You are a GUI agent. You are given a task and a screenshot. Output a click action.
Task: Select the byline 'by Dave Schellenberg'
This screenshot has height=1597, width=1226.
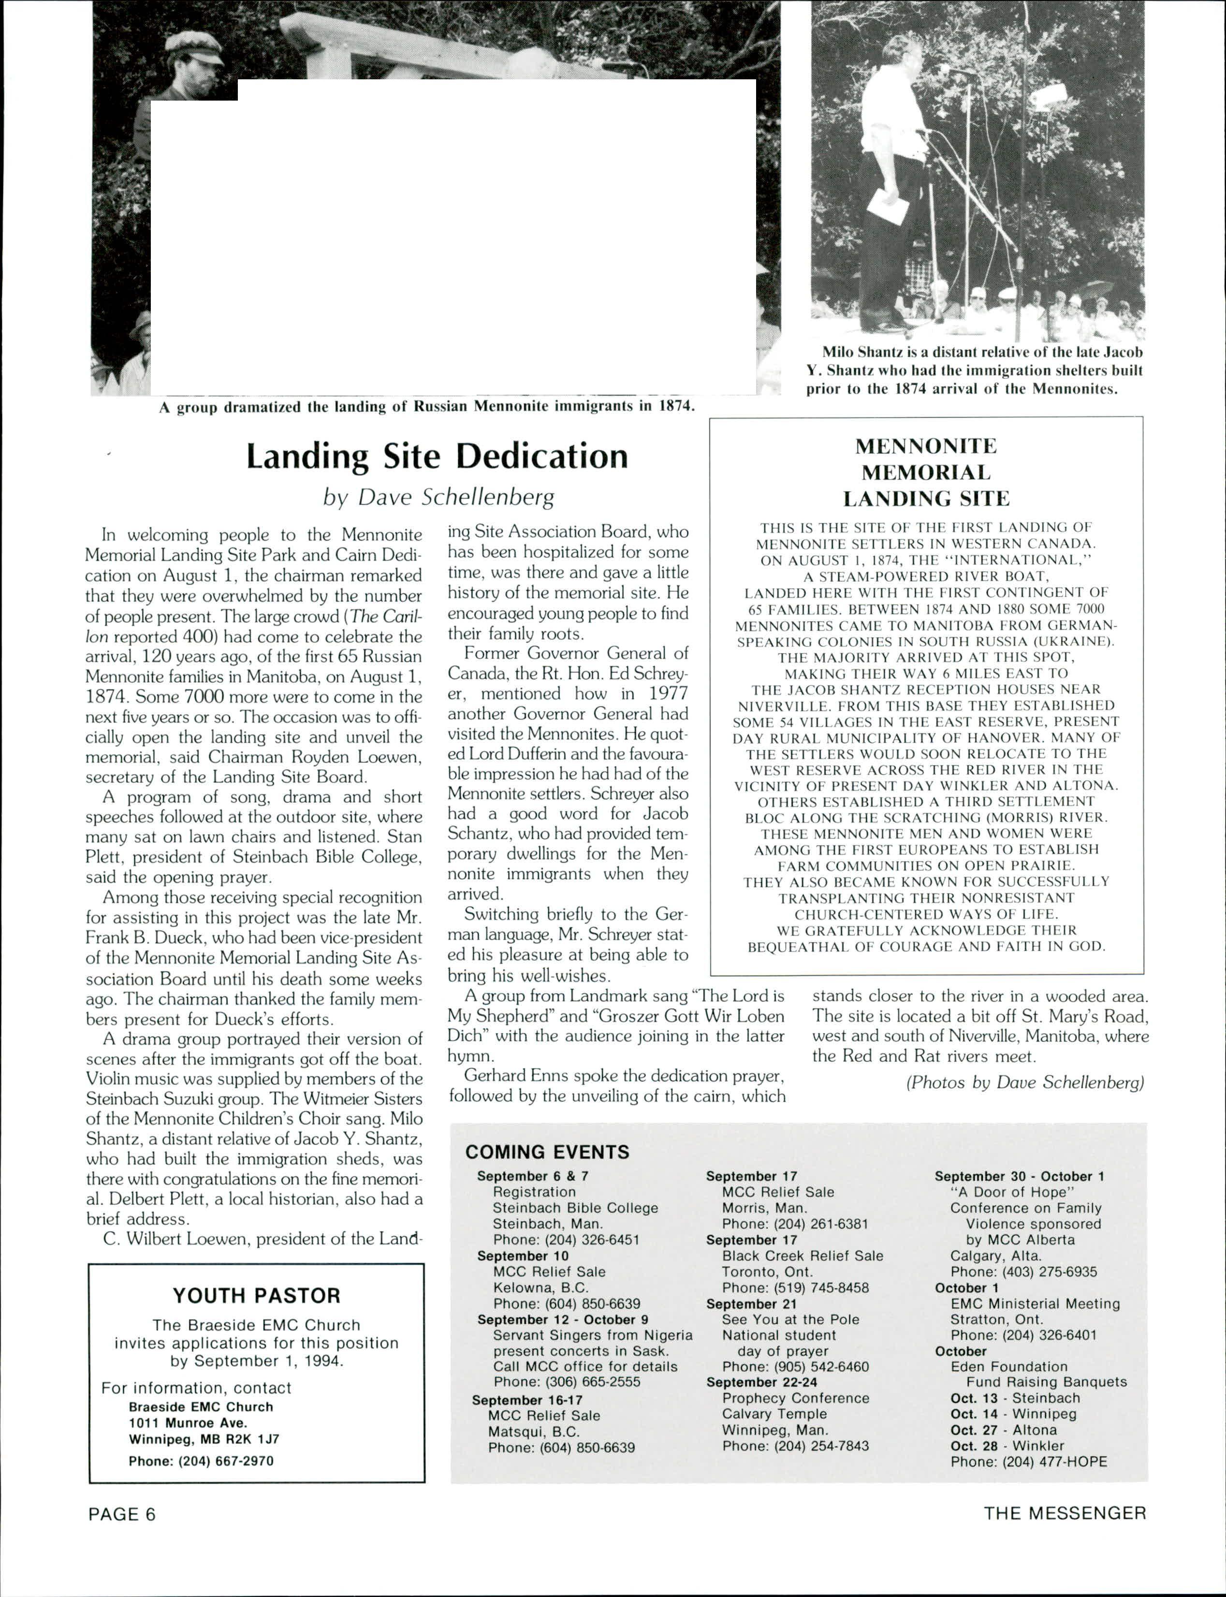[x=438, y=497]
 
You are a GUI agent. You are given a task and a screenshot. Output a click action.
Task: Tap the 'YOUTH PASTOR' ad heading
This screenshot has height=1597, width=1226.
[x=256, y=1296]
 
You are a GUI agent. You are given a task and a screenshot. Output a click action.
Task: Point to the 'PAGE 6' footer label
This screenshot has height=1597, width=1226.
[x=122, y=1514]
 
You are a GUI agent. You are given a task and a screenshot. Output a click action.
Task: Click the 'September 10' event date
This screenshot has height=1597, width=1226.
[x=523, y=1256]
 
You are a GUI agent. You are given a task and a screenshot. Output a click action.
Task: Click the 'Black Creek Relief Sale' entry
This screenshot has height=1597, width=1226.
[x=802, y=1256]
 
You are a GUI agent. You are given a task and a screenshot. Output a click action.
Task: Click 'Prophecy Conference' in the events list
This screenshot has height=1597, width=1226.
[x=795, y=1398]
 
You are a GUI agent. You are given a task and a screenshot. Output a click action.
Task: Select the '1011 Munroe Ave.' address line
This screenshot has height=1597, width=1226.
[x=188, y=1422]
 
